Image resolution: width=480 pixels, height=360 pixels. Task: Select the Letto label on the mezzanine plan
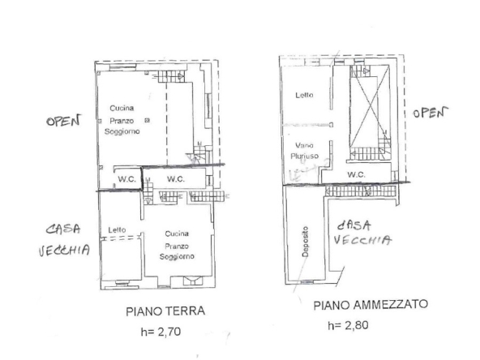304,96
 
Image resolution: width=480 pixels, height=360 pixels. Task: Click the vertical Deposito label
306,240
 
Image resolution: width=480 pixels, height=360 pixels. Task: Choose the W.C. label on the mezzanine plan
356,174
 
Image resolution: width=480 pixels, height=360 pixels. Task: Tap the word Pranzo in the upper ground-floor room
123,120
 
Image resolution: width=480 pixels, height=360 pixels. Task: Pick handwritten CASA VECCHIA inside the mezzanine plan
364,232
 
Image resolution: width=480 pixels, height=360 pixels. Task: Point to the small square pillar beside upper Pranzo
147,120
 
